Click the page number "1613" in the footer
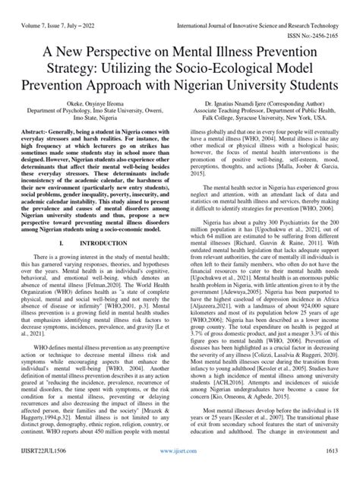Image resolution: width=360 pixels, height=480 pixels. click(343, 471)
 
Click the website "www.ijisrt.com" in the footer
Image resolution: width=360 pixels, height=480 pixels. click(180, 471)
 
